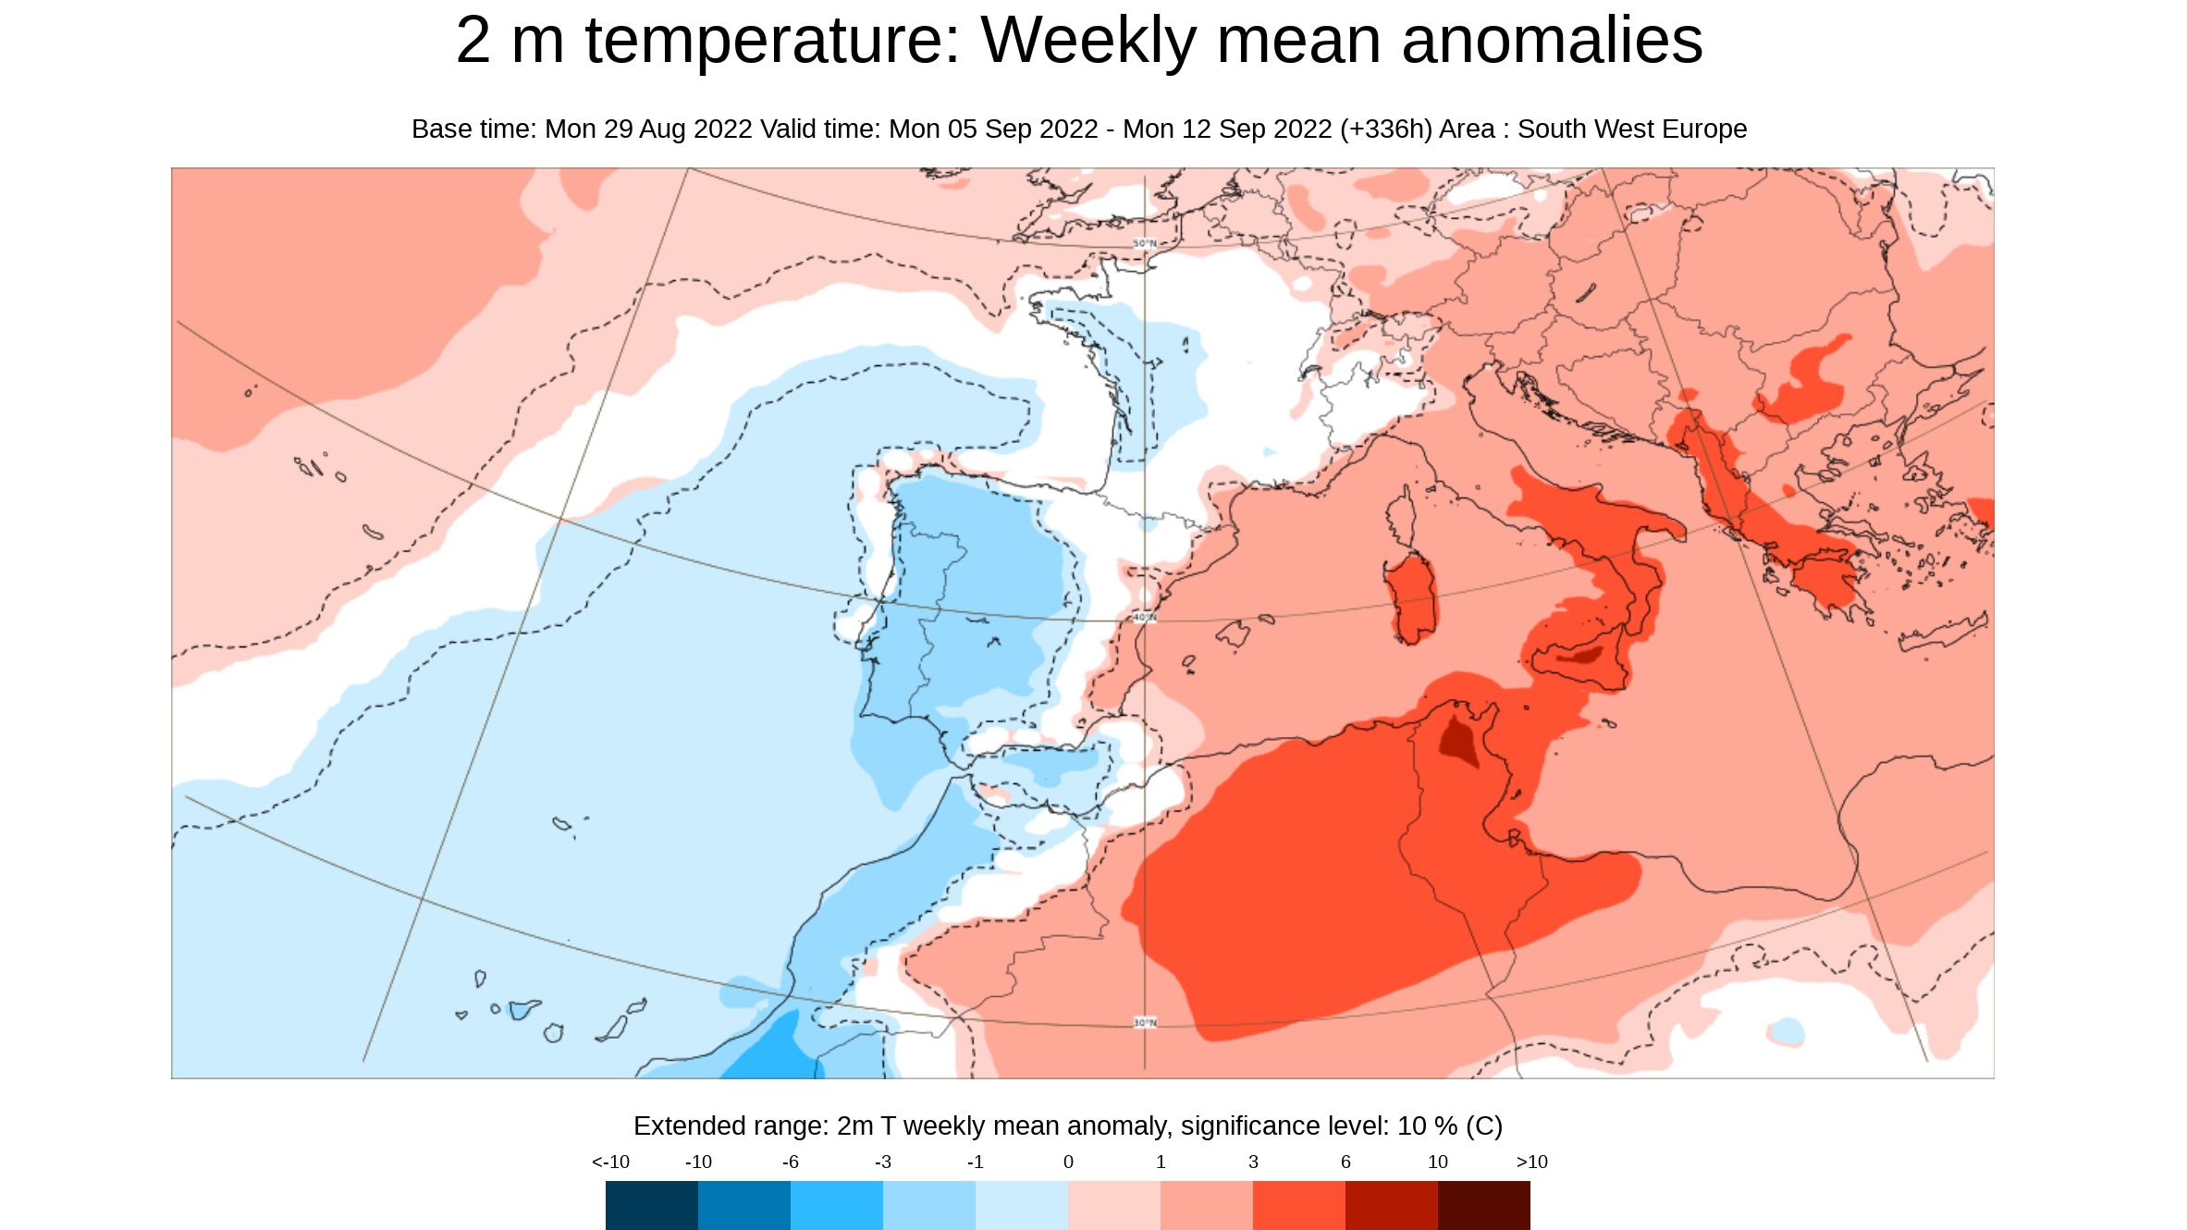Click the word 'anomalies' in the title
[x=1552, y=42]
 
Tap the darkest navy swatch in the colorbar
[x=651, y=1205]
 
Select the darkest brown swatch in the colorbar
[x=1483, y=1205]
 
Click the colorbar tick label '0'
[x=1068, y=1162]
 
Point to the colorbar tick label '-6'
[x=790, y=1162]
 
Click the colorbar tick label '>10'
[x=1531, y=1162]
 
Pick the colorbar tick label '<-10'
[x=610, y=1162]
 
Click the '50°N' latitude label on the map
[x=1145, y=243]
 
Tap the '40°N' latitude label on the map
[x=1145, y=617]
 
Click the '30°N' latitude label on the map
[x=1145, y=1023]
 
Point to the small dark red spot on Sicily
[x=1582, y=656]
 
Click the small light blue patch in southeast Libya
[x=1787, y=1030]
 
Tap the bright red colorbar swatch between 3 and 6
[x=1298, y=1205]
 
